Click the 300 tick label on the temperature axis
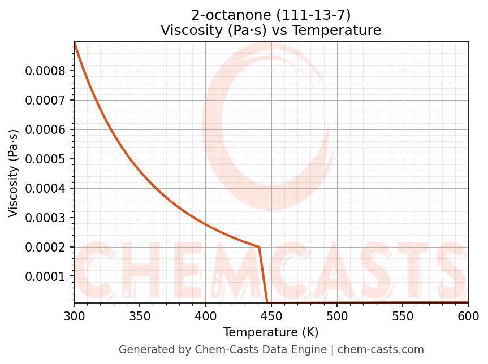click(74, 315)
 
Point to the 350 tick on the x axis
click(140, 315)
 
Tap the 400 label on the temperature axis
click(205, 315)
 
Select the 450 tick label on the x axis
click(271, 315)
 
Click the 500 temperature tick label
click(336, 315)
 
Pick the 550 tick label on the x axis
click(403, 315)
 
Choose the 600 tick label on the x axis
click(468, 315)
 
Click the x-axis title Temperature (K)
click(271, 332)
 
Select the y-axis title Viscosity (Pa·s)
click(14, 173)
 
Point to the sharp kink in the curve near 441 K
click(259, 247)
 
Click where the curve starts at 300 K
click(74, 43)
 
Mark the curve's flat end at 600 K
click(468, 302)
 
